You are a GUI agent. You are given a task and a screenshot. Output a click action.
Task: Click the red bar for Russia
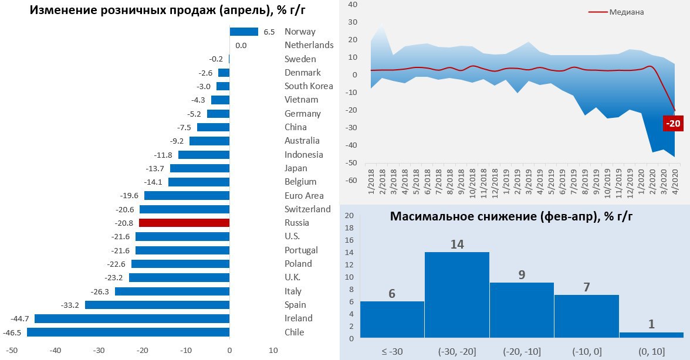point(184,223)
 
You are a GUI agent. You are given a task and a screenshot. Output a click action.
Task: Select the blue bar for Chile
point(128,332)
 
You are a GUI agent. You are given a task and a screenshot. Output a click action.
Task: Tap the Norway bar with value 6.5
point(243,32)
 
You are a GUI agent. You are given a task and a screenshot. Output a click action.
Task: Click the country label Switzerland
point(307,209)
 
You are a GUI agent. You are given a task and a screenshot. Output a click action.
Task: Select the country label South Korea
point(308,86)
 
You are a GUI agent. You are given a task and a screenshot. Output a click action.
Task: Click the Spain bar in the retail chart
point(157,305)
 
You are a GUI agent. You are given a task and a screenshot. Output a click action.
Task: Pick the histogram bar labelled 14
point(456,295)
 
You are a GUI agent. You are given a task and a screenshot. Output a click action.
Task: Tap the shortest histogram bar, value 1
point(651,335)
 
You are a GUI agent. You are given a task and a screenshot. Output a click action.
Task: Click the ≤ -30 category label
point(391,351)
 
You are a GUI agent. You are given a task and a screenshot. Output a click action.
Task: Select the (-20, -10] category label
point(521,351)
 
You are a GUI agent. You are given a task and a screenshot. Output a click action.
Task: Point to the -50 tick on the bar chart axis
point(12,351)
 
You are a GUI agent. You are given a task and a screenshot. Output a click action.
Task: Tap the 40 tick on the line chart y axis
point(353,5)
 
